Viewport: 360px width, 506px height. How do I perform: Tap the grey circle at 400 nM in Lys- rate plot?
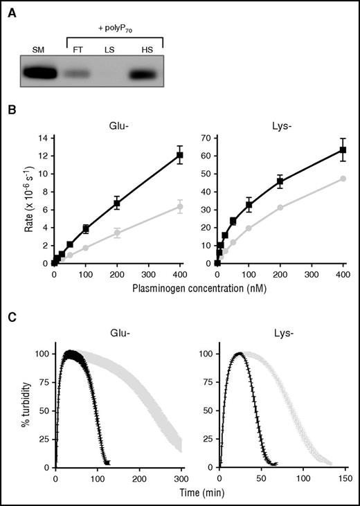tap(343, 179)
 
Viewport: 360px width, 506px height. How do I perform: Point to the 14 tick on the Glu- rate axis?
tap(43, 138)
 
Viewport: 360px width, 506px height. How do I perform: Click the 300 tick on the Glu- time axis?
tap(181, 478)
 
